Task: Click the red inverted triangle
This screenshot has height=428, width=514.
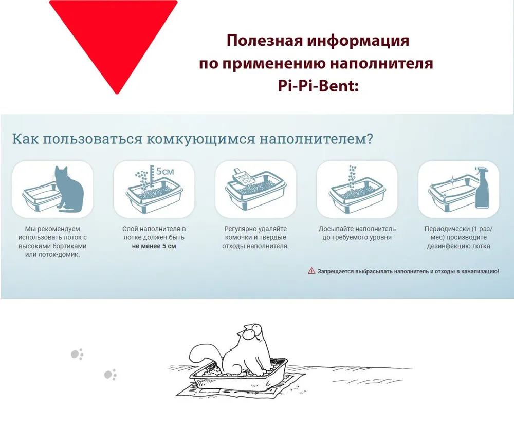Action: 115,36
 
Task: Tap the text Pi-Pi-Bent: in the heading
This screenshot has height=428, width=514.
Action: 318,86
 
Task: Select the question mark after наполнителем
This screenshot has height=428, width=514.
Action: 370,138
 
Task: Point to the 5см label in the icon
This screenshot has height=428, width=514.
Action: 164,171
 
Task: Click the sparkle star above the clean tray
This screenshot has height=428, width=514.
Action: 453,180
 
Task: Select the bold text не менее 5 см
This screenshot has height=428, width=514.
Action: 154,246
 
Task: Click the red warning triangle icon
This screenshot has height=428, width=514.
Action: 311,271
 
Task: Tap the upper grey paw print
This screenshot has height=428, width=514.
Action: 78,354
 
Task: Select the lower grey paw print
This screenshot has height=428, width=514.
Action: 110,375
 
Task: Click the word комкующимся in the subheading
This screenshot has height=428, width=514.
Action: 200,139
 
